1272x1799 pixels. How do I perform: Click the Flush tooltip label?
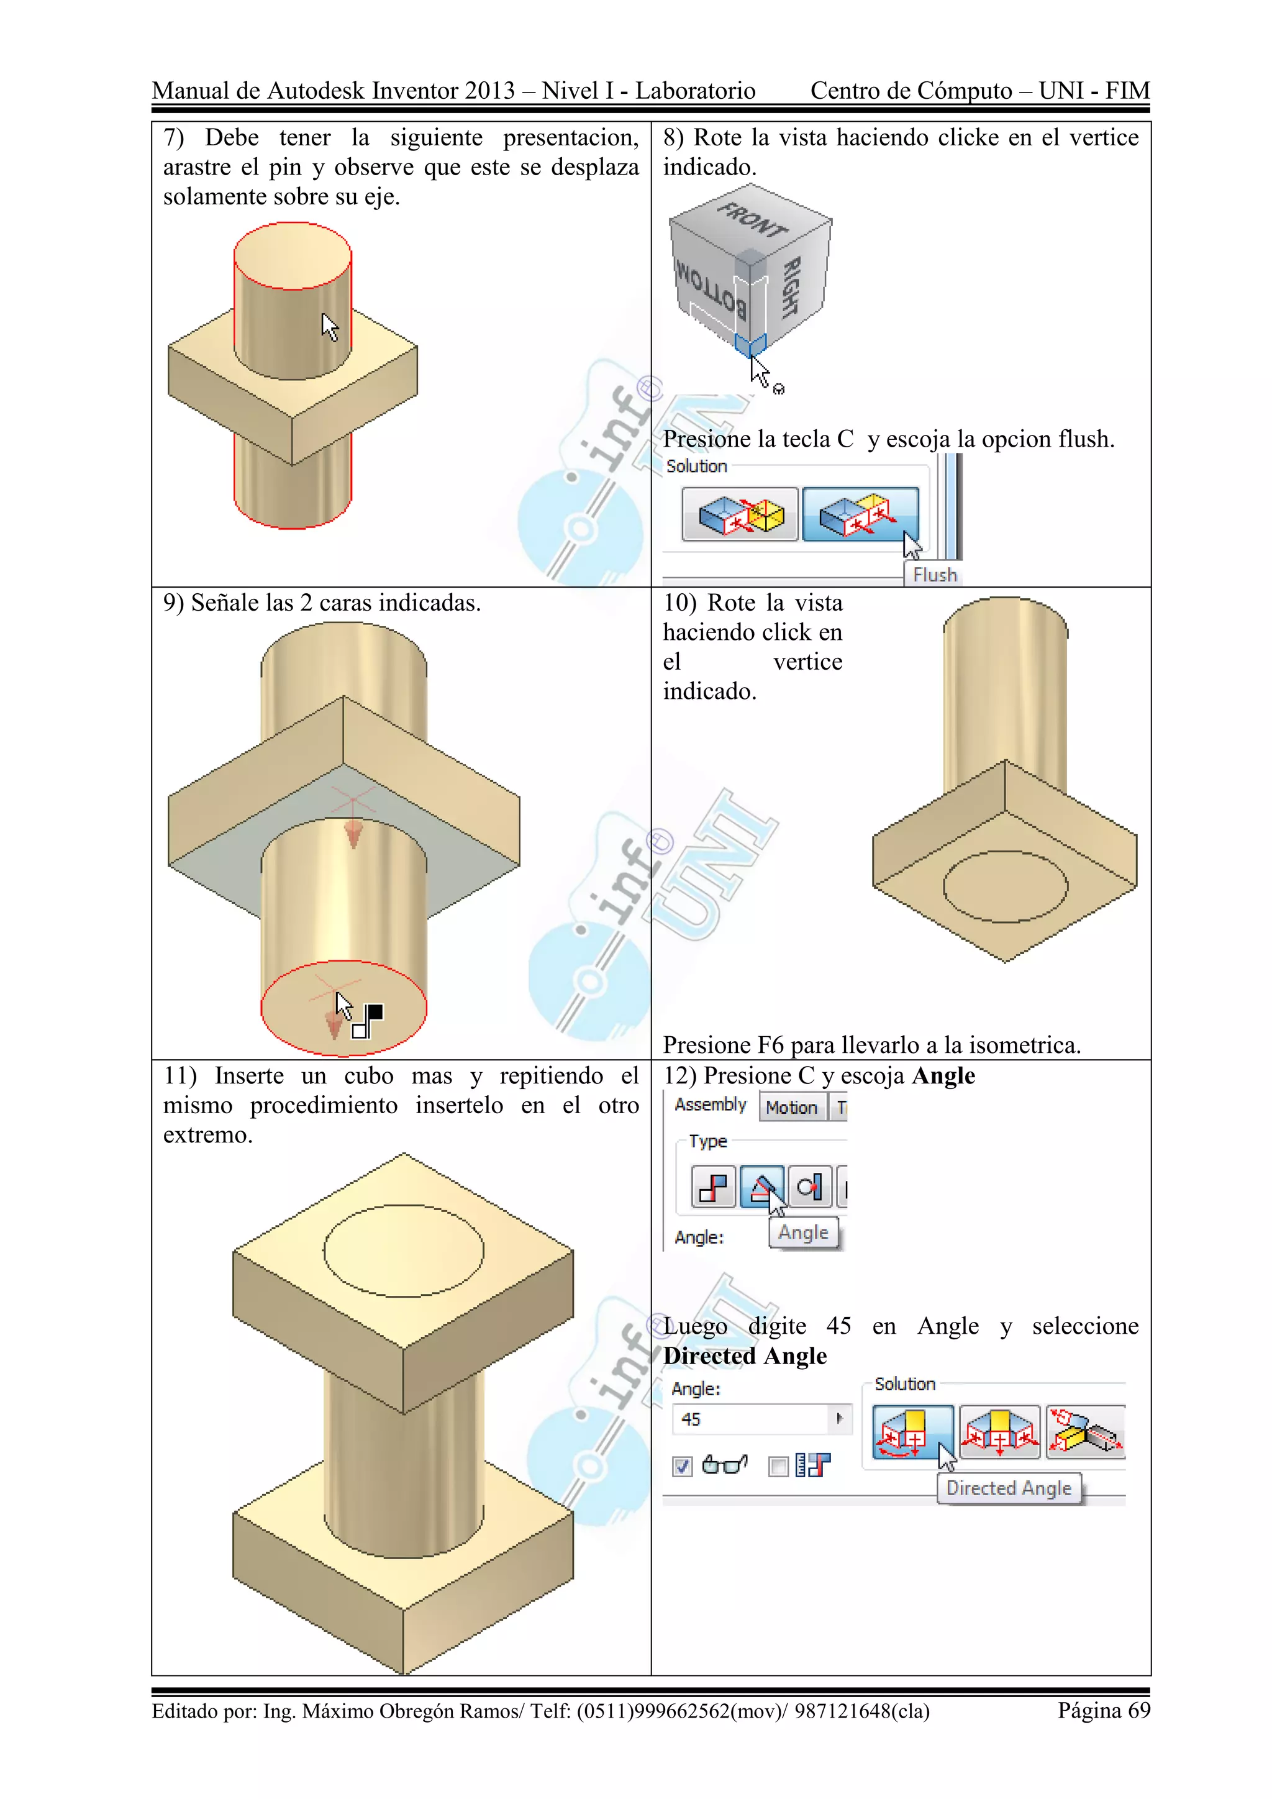(x=934, y=575)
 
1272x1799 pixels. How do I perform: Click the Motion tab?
(x=791, y=1107)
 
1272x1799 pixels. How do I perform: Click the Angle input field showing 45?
(x=752, y=1419)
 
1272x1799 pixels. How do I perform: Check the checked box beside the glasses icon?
(x=682, y=1466)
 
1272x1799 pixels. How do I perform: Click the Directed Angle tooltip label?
(x=1008, y=1488)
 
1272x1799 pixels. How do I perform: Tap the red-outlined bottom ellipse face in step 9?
(x=344, y=1007)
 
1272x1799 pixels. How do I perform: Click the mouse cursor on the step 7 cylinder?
(x=330, y=326)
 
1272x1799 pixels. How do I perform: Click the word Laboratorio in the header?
(x=695, y=91)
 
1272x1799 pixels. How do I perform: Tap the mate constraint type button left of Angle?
(x=713, y=1187)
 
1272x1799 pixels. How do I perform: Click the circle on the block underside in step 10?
(x=1005, y=886)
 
